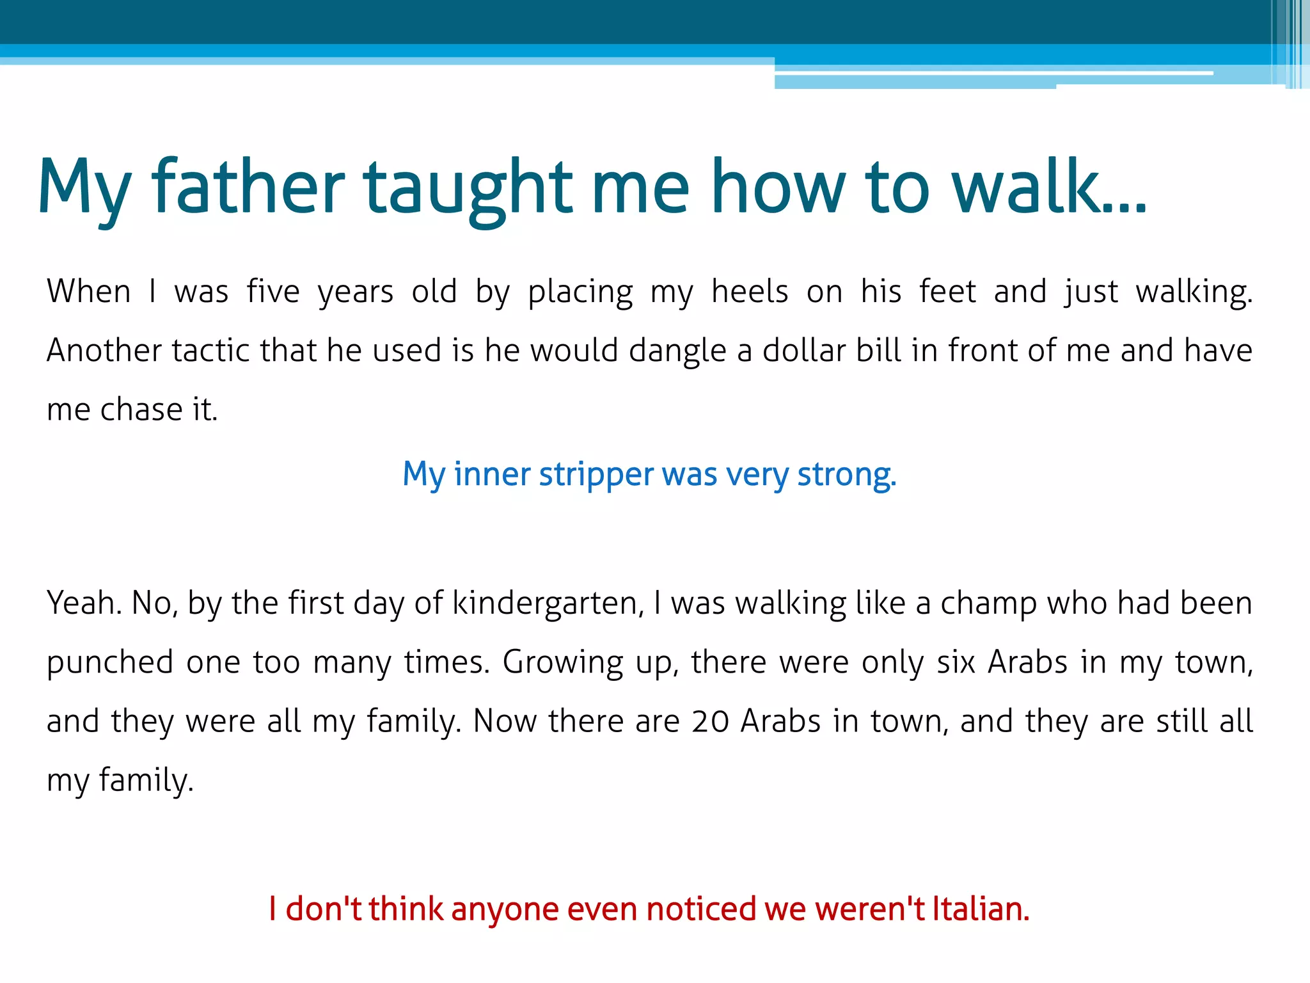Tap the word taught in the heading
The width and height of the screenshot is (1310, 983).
point(468,187)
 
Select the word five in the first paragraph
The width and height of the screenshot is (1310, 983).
point(273,292)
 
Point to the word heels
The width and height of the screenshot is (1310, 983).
point(750,292)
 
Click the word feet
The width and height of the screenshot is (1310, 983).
point(947,292)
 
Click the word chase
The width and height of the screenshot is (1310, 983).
point(141,410)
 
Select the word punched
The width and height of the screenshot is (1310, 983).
point(109,662)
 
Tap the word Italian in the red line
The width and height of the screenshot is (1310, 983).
point(981,909)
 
